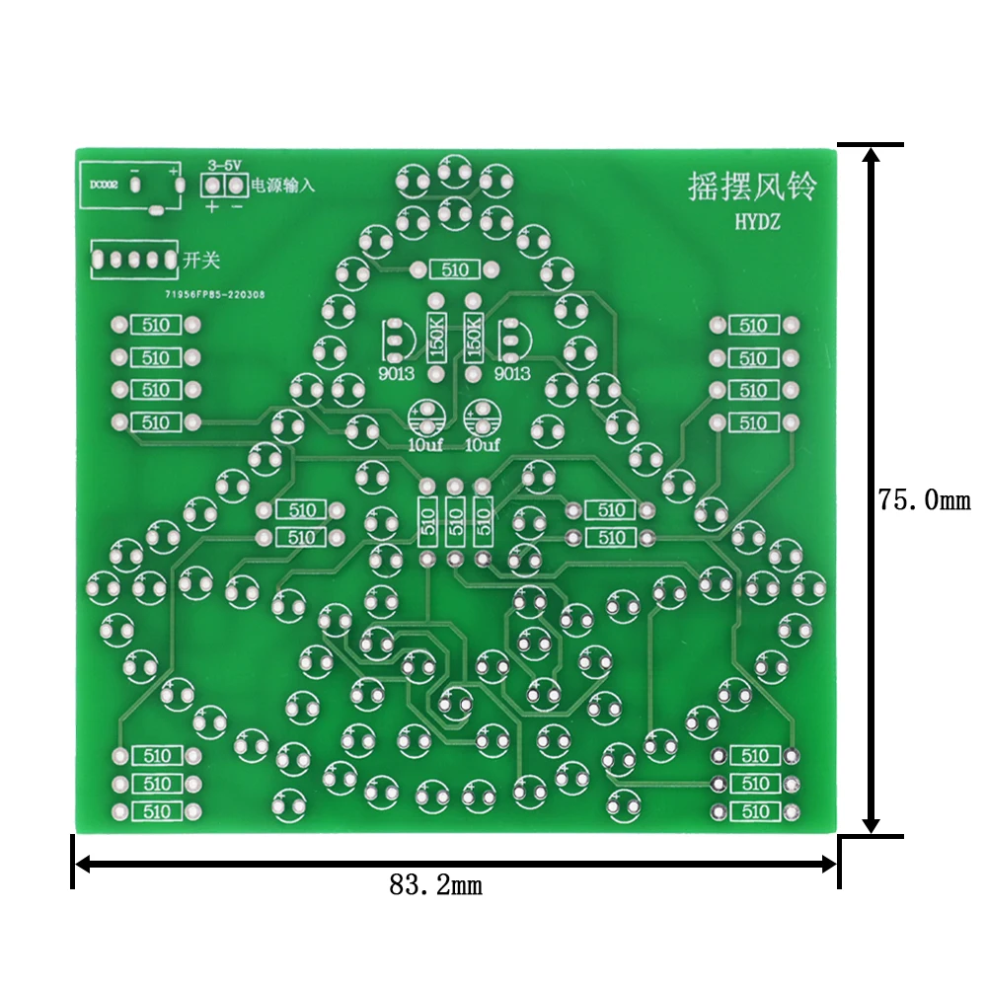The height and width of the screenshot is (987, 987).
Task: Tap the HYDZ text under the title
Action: [757, 224]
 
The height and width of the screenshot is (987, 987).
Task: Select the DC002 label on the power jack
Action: [104, 184]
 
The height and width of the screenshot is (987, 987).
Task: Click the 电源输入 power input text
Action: [283, 185]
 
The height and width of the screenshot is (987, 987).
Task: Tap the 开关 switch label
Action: [201, 261]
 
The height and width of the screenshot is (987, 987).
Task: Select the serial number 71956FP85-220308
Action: [214, 293]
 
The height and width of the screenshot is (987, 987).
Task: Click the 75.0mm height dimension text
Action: [925, 500]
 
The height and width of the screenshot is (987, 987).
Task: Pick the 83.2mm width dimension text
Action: [435, 885]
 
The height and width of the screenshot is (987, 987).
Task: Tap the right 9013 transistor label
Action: [511, 374]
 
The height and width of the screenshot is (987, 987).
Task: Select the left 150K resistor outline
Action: [435, 338]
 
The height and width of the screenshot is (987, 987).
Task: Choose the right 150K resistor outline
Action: [473, 338]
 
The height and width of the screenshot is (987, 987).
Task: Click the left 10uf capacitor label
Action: [425, 444]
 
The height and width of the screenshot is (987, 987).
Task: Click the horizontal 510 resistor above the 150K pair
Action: [455, 269]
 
